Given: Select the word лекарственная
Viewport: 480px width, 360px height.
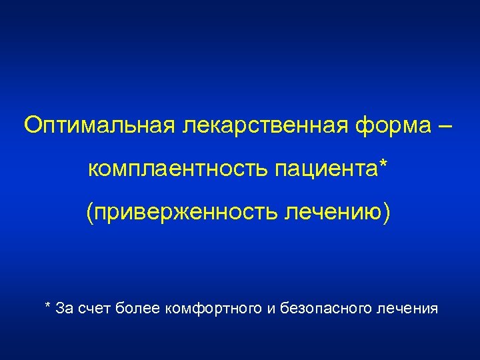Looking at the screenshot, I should (260, 125).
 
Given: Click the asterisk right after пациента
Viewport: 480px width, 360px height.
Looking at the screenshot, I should (382, 165).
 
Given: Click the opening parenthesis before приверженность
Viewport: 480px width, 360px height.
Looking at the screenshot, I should (89, 212).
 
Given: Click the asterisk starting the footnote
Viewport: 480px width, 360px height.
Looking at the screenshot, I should (47, 306).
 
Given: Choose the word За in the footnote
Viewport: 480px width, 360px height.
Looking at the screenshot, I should (65, 308).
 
